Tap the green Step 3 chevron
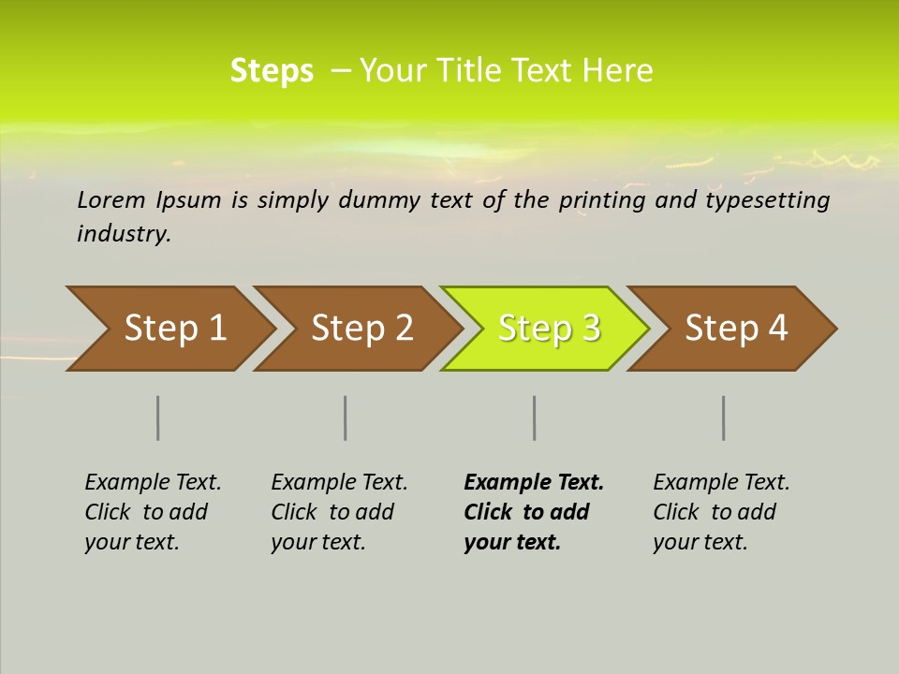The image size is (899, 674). click(x=549, y=329)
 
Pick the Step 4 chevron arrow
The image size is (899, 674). click(x=736, y=329)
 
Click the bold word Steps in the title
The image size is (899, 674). click(x=272, y=71)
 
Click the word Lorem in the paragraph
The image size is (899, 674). click(x=111, y=199)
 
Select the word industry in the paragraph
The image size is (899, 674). click(x=124, y=233)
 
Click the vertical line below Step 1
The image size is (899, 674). click(x=158, y=418)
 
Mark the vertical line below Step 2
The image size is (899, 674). click(x=346, y=418)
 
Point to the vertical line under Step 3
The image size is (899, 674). click(x=535, y=418)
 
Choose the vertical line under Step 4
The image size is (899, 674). click(x=724, y=418)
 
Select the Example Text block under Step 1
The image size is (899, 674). click(x=153, y=512)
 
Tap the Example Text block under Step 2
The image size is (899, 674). click(x=339, y=512)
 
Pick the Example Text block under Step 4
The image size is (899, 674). click(x=721, y=512)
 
